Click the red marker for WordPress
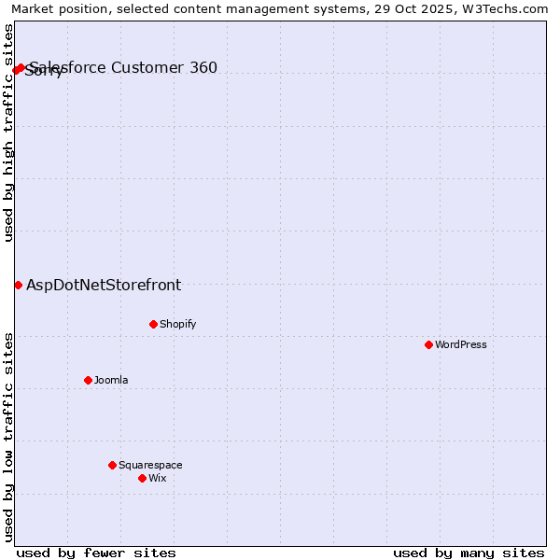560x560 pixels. [x=428, y=344]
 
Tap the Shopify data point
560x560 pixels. [x=153, y=324]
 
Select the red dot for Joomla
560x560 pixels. [x=88, y=380]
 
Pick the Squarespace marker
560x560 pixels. [x=112, y=465]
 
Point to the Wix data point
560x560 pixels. [x=142, y=478]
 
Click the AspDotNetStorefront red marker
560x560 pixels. [x=18, y=285]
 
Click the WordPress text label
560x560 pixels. [x=461, y=344]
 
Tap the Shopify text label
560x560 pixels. [x=177, y=324]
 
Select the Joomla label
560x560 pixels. [x=111, y=380]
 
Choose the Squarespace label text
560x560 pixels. [x=150, y=465]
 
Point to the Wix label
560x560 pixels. [x=157, y=478]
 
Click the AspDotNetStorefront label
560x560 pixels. [x=104, y=286]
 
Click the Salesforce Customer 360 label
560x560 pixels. [x=123, y=67]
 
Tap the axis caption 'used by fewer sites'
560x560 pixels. [x=96, y=553]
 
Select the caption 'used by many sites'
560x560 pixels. [x=469, y=553]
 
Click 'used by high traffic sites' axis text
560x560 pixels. [x=8, y=133]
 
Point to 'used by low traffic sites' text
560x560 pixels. [x=8, y=437]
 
